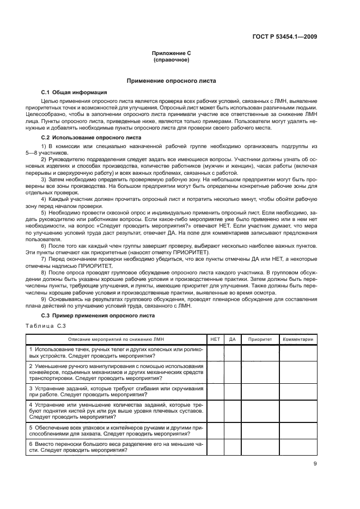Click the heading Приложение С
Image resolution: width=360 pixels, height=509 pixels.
coord(171,53)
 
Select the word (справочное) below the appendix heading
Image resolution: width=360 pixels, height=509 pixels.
coord(171,60)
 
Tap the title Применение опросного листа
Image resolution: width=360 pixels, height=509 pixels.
coord(171,81)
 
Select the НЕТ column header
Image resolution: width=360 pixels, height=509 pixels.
coord(215,339)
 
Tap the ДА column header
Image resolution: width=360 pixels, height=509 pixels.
coord(233,339)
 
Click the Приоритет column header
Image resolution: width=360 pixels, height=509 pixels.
coord(260,339)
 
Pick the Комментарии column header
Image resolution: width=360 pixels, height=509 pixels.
coord(297,339)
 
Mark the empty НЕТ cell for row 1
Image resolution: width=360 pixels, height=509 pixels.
coord(215,352)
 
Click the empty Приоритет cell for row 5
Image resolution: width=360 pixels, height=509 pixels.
coord(260,431)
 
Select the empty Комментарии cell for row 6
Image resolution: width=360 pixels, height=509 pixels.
coord(297,447)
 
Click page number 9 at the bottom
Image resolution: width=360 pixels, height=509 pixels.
coord(315,464)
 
